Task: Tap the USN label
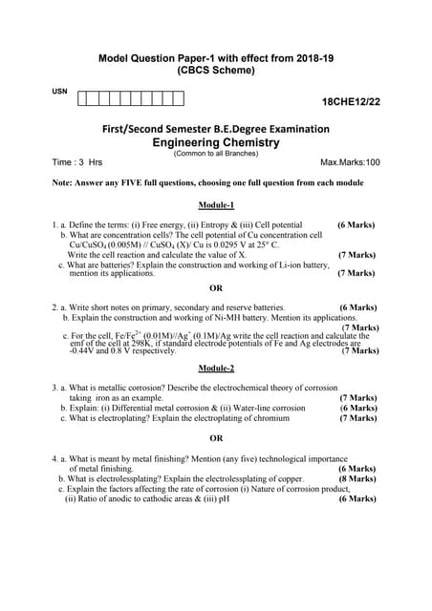coord(59,91)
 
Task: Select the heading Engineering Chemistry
coord(215,141)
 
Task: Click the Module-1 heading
coord(216,205)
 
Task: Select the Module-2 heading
coord(216,368)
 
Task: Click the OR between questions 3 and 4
coord(216,438)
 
